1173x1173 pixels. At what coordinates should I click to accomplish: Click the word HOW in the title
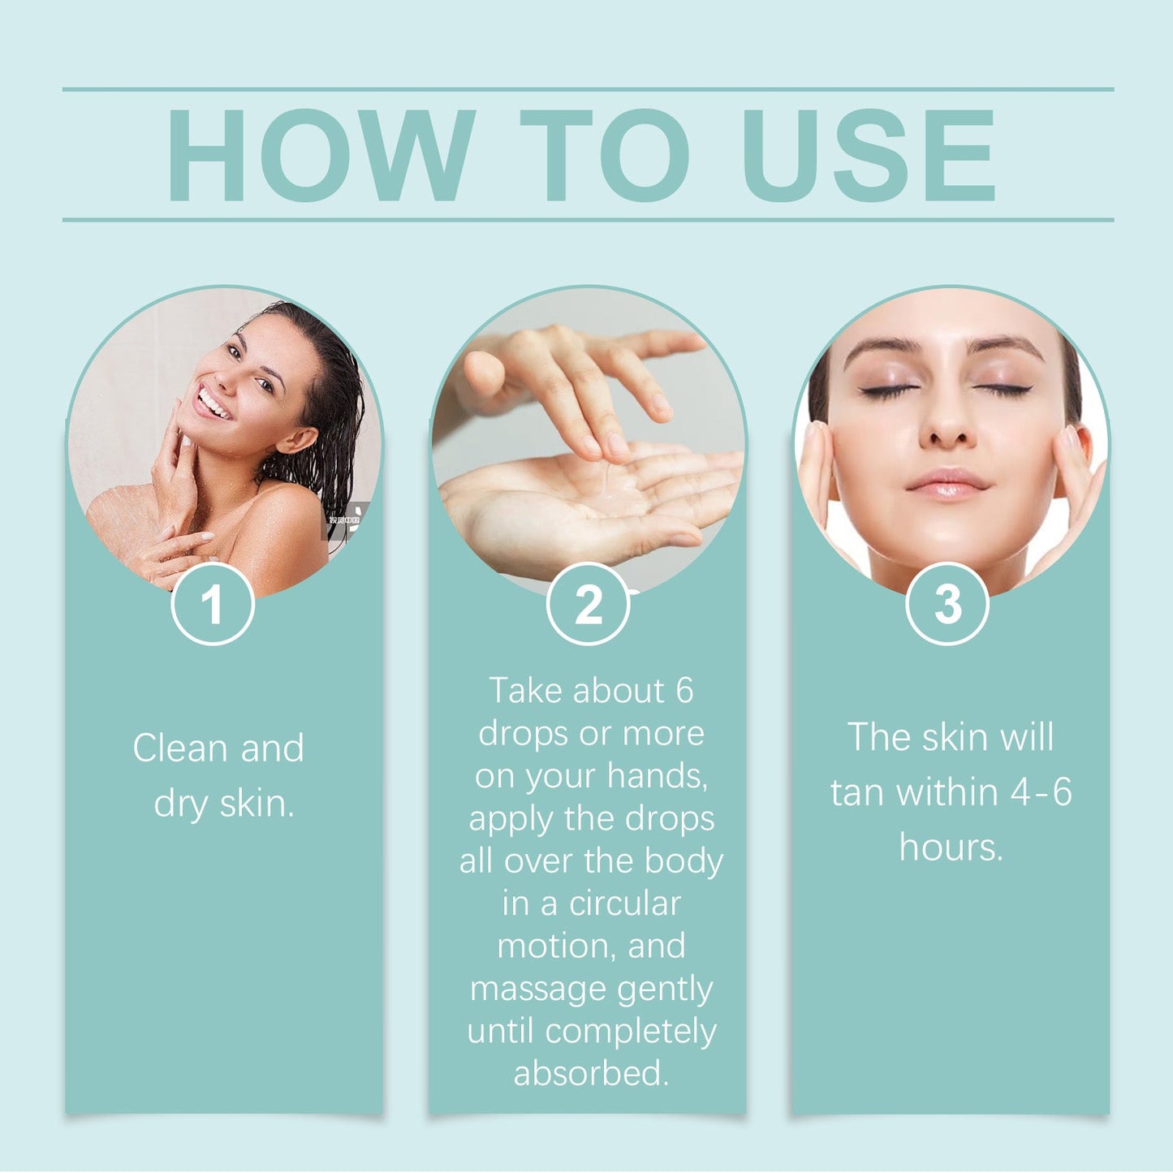tap(321, 155)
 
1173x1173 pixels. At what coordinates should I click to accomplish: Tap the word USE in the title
tap(869, 155)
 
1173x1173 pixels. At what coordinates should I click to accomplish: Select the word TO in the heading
tap(605, 155)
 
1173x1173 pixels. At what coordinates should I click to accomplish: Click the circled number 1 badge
tap(213, 604)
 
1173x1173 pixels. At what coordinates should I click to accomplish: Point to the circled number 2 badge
tap(588, 604)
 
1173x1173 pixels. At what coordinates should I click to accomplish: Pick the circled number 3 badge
tap(947, 604)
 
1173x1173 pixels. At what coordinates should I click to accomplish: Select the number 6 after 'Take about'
tap(684, 692)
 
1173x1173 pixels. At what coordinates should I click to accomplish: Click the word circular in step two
tap(624, 903)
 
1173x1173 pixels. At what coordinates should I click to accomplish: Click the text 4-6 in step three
tap(1041, 792)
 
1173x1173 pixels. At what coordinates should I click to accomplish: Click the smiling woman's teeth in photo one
tap(214, 403)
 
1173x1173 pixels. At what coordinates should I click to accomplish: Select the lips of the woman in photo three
tap(947, 484)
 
